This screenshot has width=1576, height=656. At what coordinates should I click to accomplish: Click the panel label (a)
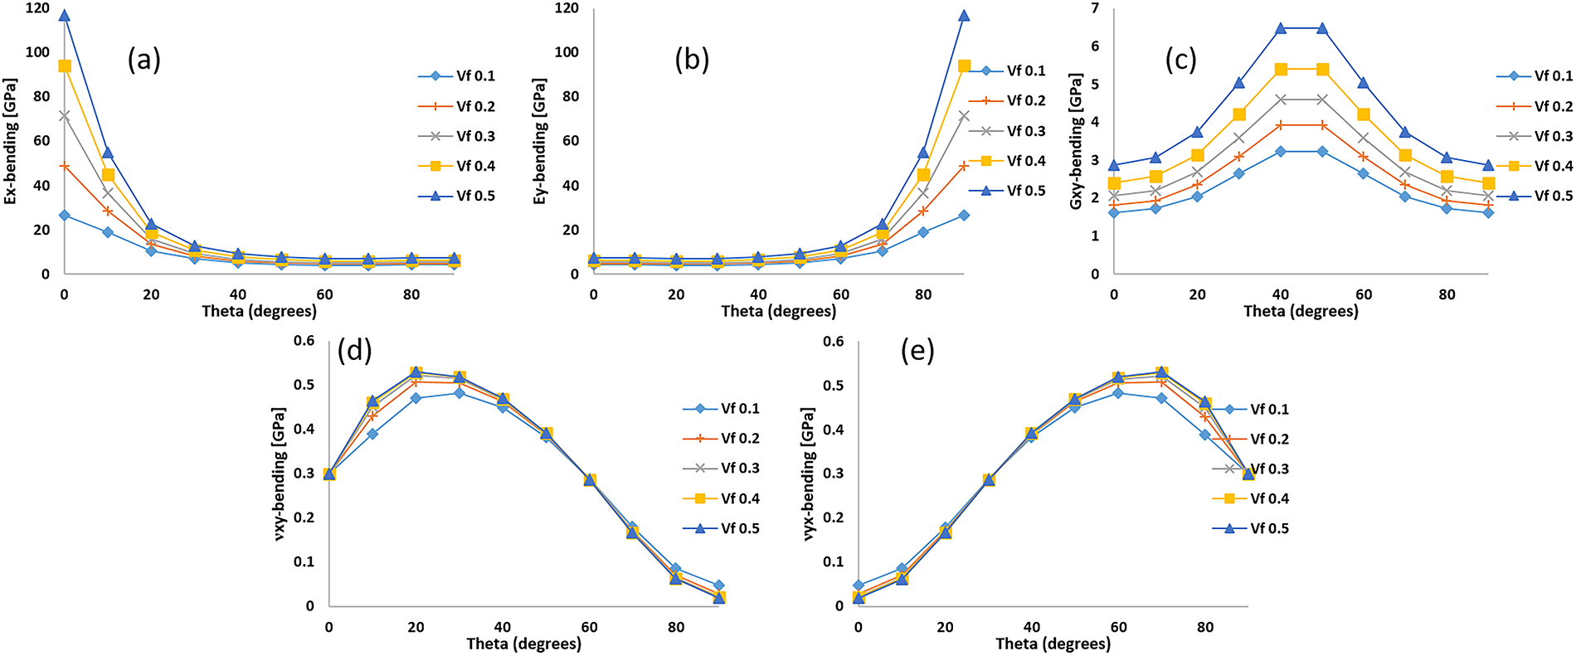tap(143, 60)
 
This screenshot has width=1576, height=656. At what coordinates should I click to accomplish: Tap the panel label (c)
tap(1180, 60)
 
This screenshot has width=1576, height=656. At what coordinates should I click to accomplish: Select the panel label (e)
tap(917, 351)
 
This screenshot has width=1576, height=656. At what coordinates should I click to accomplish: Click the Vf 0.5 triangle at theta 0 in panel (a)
tap(65, 16)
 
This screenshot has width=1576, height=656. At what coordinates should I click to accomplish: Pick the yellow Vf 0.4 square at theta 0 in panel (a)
tap(65, 66)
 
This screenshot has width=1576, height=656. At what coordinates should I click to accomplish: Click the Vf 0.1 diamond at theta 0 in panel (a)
tap(65, 216)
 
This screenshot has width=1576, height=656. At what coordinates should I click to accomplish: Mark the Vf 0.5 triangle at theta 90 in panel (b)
tap(964, 16)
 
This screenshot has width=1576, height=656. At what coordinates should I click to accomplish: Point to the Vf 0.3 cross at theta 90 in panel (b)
tap(964, 116)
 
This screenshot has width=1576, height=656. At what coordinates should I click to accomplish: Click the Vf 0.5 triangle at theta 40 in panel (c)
tap(1281, 28)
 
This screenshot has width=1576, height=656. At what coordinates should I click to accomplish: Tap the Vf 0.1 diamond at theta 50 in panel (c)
tap(1322, 152)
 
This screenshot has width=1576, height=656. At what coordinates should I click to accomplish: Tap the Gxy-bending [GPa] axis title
tap(1076, 141)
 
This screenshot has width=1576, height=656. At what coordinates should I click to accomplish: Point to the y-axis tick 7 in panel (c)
tap(1095, 9)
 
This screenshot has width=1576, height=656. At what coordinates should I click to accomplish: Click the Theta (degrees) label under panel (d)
tap(523, 644)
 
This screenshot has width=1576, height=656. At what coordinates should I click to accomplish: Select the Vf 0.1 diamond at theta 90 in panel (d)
tap(719, 586)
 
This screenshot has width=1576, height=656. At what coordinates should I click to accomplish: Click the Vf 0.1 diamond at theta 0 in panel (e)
tap(859, 586)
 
